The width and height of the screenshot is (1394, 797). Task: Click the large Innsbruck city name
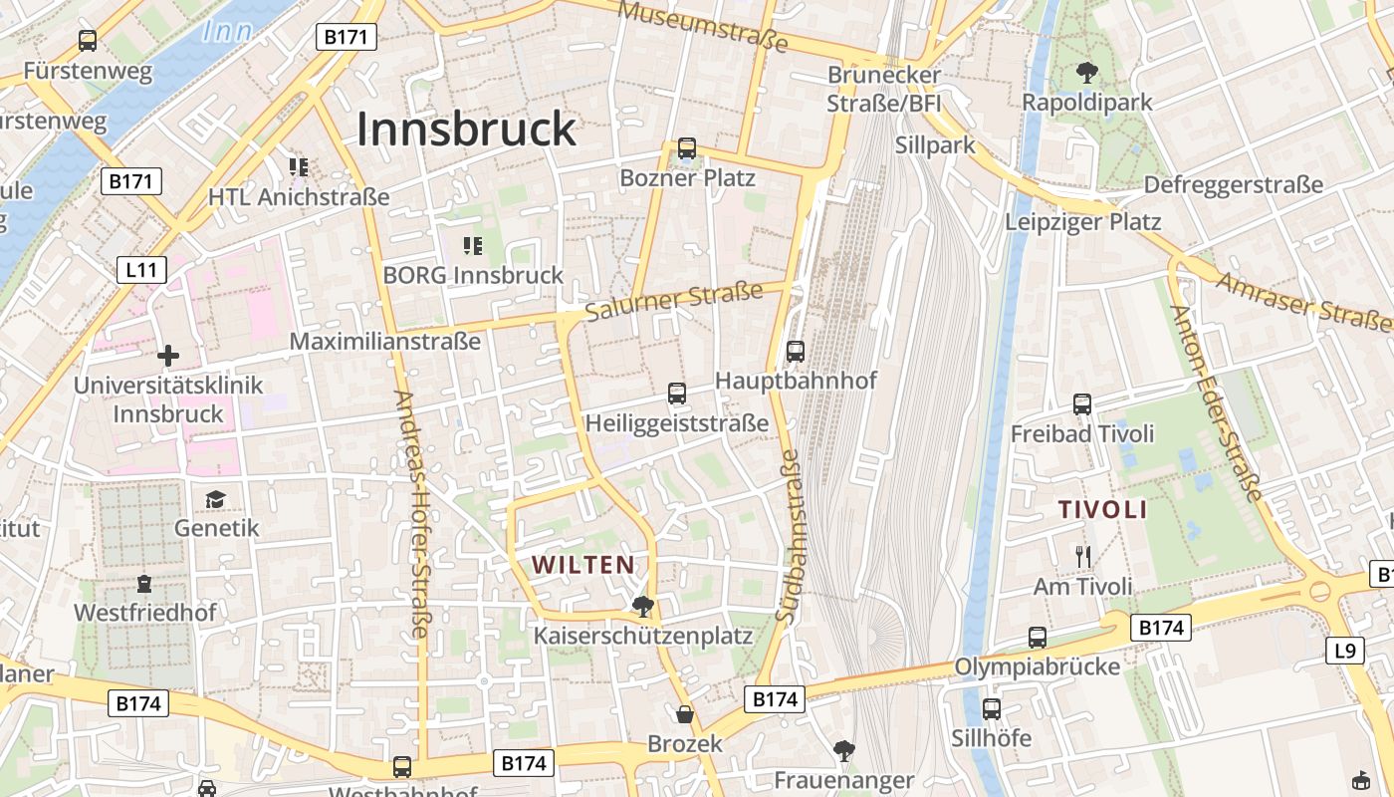click(x=466, y=129)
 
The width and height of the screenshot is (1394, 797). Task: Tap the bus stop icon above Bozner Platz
click(x=686, y=148)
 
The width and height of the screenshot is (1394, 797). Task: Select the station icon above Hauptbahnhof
click(x=795, y=351)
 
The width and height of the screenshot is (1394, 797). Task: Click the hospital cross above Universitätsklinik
click(x=168, y=355)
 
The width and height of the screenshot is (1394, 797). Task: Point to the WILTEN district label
click(x=583, y=565)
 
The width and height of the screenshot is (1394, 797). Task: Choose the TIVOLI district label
click(x=1102, y=510)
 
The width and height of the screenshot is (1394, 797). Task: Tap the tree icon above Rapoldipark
click(x=1086, y=72)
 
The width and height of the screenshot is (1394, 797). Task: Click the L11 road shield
click(x=140, y=269)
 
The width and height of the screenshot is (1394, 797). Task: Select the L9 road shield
click(x=1344, y=651)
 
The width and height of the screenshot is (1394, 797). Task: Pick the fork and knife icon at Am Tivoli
click(x=1083, y=556)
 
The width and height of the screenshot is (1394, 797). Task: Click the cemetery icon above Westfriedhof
click(x=144, y=583)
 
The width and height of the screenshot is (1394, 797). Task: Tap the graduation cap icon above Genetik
click(x=216, y=498)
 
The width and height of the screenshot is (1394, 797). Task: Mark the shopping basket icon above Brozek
click(x=685, y=714)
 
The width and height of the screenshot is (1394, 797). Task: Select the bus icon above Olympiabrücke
click(x=1038, y=638)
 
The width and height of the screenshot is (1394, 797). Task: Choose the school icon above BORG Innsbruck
click(x=473, y=245)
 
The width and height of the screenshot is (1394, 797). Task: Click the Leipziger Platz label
click(x=1082, y=221)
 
